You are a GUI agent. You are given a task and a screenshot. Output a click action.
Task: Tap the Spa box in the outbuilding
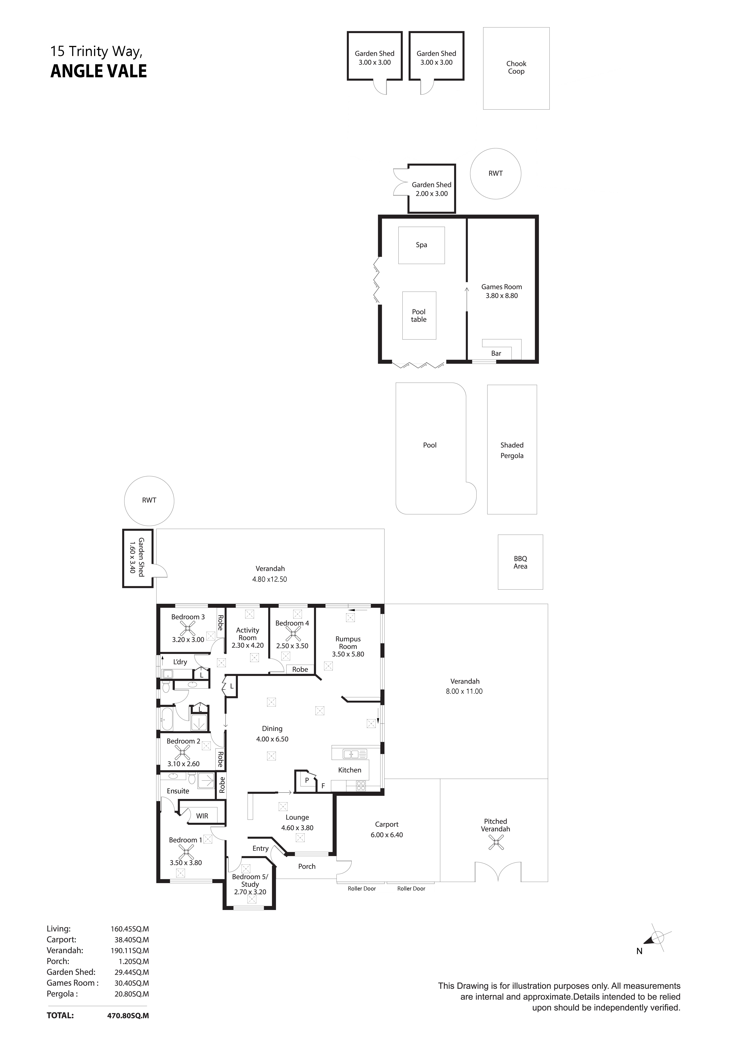click(421, 245)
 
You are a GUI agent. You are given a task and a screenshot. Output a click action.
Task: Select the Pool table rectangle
click(419, 315)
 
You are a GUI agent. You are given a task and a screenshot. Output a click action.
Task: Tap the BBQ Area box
click(520, 562)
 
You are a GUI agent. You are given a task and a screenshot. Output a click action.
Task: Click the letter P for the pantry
click(307, 780)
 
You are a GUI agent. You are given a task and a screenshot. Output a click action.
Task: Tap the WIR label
click(202, 816)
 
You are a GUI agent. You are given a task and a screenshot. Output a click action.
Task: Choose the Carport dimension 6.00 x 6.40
click(387, 835)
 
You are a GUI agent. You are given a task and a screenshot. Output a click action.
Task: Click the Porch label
click(307, 866)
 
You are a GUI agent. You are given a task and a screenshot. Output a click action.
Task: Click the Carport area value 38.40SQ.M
click(132, 940)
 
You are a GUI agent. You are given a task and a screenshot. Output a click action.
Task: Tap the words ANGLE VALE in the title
click(99, 71)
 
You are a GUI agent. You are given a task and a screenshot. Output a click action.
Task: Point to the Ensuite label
click(178, 791)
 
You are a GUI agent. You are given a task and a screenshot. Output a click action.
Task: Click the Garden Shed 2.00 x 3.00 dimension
click(432, 194)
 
